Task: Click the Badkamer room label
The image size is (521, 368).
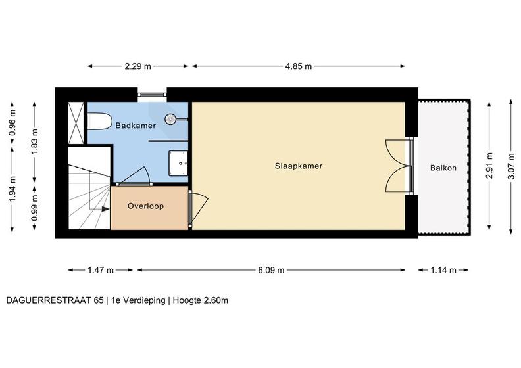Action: click(x=136, y=126)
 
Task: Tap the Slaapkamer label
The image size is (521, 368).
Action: click(x=299, y=166)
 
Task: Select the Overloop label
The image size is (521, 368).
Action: click(x=145, y=206)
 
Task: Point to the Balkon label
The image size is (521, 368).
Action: click(x=443, y=168)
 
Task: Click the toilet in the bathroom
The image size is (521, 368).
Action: click(x=99, y=122)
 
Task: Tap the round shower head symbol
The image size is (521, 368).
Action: click(x=170, y=119)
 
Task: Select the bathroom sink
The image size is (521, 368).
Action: click(x=178, y=163)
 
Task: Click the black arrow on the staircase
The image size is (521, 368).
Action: click(x=105, y=209)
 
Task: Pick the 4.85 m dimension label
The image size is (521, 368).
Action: click(x=299, y=66)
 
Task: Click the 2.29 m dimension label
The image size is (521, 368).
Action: click(x=138, y=66)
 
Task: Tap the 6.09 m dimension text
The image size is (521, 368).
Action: click(x=271, y=270)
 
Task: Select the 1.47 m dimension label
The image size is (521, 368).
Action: click(x=101, y=270)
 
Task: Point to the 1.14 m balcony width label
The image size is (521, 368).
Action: click(x=443, y=270)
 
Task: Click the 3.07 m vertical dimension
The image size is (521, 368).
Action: click(x=511, y=166)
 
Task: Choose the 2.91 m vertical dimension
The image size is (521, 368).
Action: click(x=489, y=166)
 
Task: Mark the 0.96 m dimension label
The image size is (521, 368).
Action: click(x=12, y=123)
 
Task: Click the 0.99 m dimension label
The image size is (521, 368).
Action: click(x=35, y=208)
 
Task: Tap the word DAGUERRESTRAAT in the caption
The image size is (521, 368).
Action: click(x=49, y=300)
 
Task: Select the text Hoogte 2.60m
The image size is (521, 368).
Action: click(x=201, y=300)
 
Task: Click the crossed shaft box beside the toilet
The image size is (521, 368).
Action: click(x=76, y=123)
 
